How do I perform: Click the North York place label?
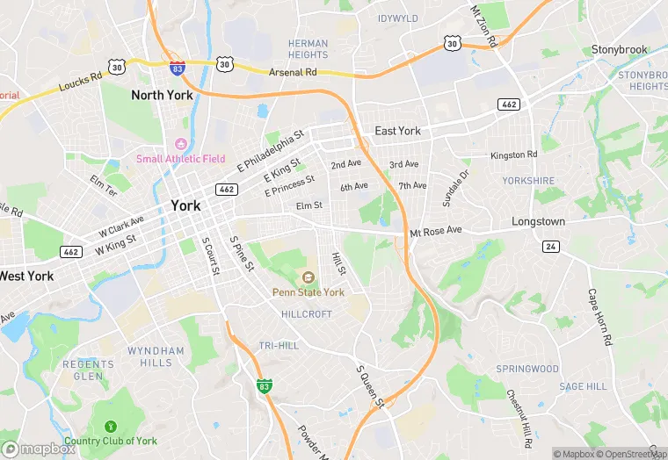(162, 94)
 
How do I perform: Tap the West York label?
(26, 276)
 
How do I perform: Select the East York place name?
(397, 131)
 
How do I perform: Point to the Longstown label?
(538, 222)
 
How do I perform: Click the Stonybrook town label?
(619, 49)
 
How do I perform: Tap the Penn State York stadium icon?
(308, 277)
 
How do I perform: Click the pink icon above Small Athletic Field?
(181, 144)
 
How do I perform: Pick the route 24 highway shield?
(550, 247)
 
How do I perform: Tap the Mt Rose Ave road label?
(435, 231)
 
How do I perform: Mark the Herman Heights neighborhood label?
(308, 49)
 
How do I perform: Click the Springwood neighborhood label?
(526, 369)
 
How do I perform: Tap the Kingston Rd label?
(513, 155)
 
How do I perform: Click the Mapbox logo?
(39, 449)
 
